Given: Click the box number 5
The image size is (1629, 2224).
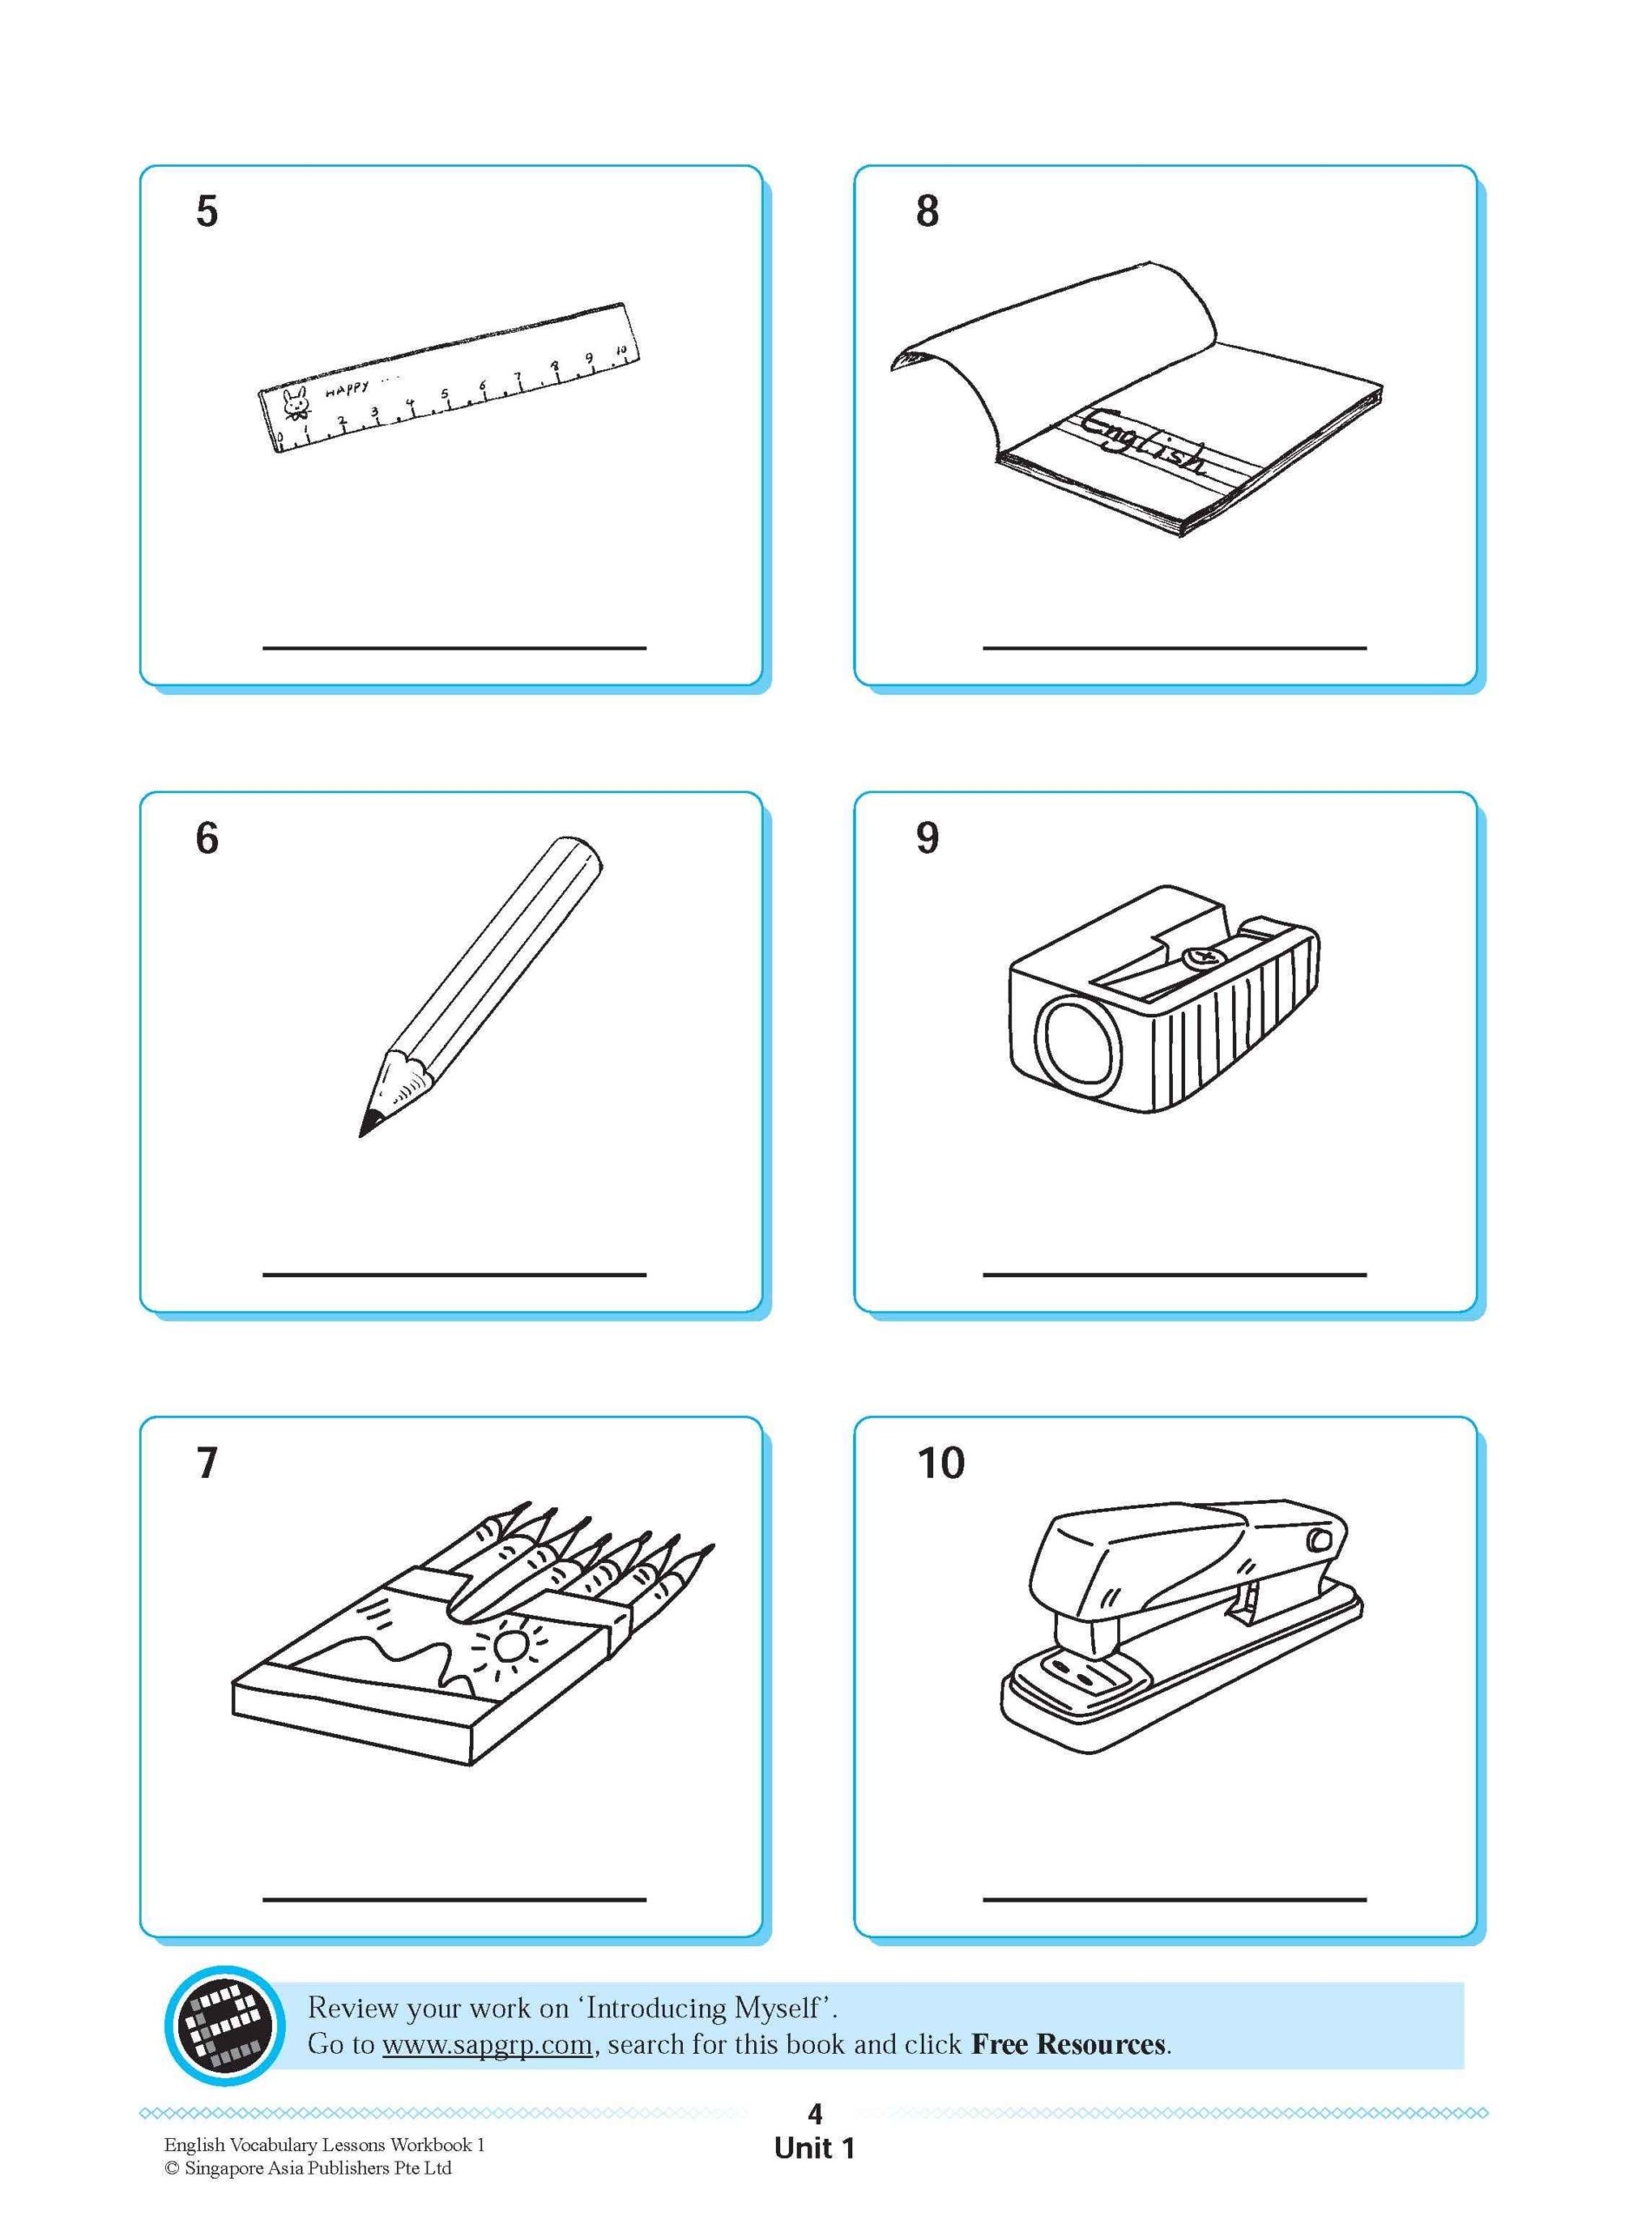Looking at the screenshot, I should click(x=206, y=212).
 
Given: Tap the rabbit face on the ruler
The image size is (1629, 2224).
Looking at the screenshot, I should click(x=295, y=402).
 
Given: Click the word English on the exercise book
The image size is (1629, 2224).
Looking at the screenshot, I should click(x=1144, y=444).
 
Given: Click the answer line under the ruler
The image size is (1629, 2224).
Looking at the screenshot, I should click(x=454, y=648).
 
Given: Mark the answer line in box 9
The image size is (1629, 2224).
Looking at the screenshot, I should click(x=1174, y=1274).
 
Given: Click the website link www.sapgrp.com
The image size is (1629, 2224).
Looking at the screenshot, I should click(x=487, y=2043).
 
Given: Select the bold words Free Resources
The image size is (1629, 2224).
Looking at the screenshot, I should click(x=1067, y=2043).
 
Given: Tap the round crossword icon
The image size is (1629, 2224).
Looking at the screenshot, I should click(x=218, y=2025).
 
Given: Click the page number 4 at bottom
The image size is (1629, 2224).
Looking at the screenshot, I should click(x=815, y=2114).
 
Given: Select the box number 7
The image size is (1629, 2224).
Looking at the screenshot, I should click(x=206, y=1462).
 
